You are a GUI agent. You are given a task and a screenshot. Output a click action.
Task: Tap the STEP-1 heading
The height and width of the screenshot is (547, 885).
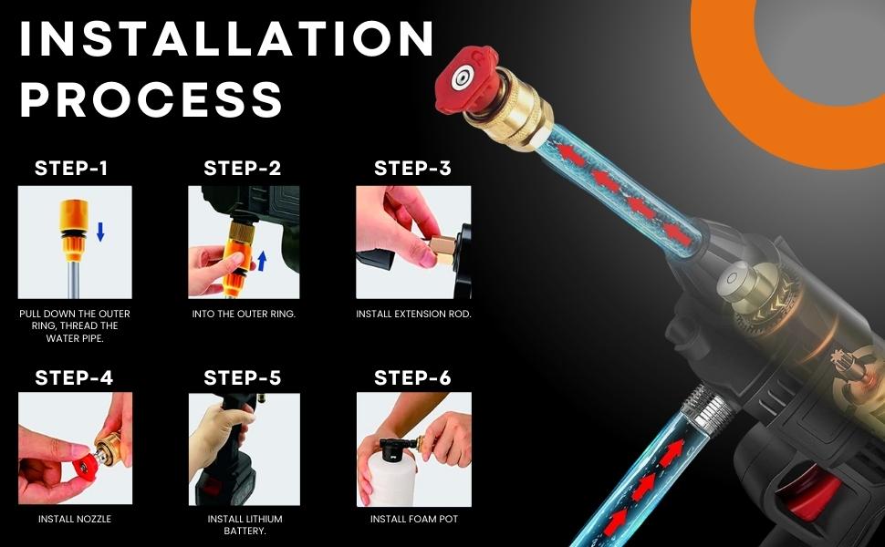point(71,169)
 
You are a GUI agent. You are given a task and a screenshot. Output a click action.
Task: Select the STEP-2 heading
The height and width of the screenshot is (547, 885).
point(243,169)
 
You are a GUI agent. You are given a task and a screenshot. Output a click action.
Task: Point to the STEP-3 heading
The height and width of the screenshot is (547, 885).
point(412,169)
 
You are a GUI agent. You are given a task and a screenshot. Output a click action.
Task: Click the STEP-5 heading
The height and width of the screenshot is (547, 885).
point(243,377)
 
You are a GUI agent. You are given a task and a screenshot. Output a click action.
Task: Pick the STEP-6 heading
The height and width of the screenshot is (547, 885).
point(412,377)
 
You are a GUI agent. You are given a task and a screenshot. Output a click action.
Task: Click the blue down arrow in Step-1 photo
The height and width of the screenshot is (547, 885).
point(100,233)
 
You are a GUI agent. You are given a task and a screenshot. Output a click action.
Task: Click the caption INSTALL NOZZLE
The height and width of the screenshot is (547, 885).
point(75,520)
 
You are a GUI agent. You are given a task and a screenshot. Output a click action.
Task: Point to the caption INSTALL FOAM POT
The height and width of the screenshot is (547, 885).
point(413,520)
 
